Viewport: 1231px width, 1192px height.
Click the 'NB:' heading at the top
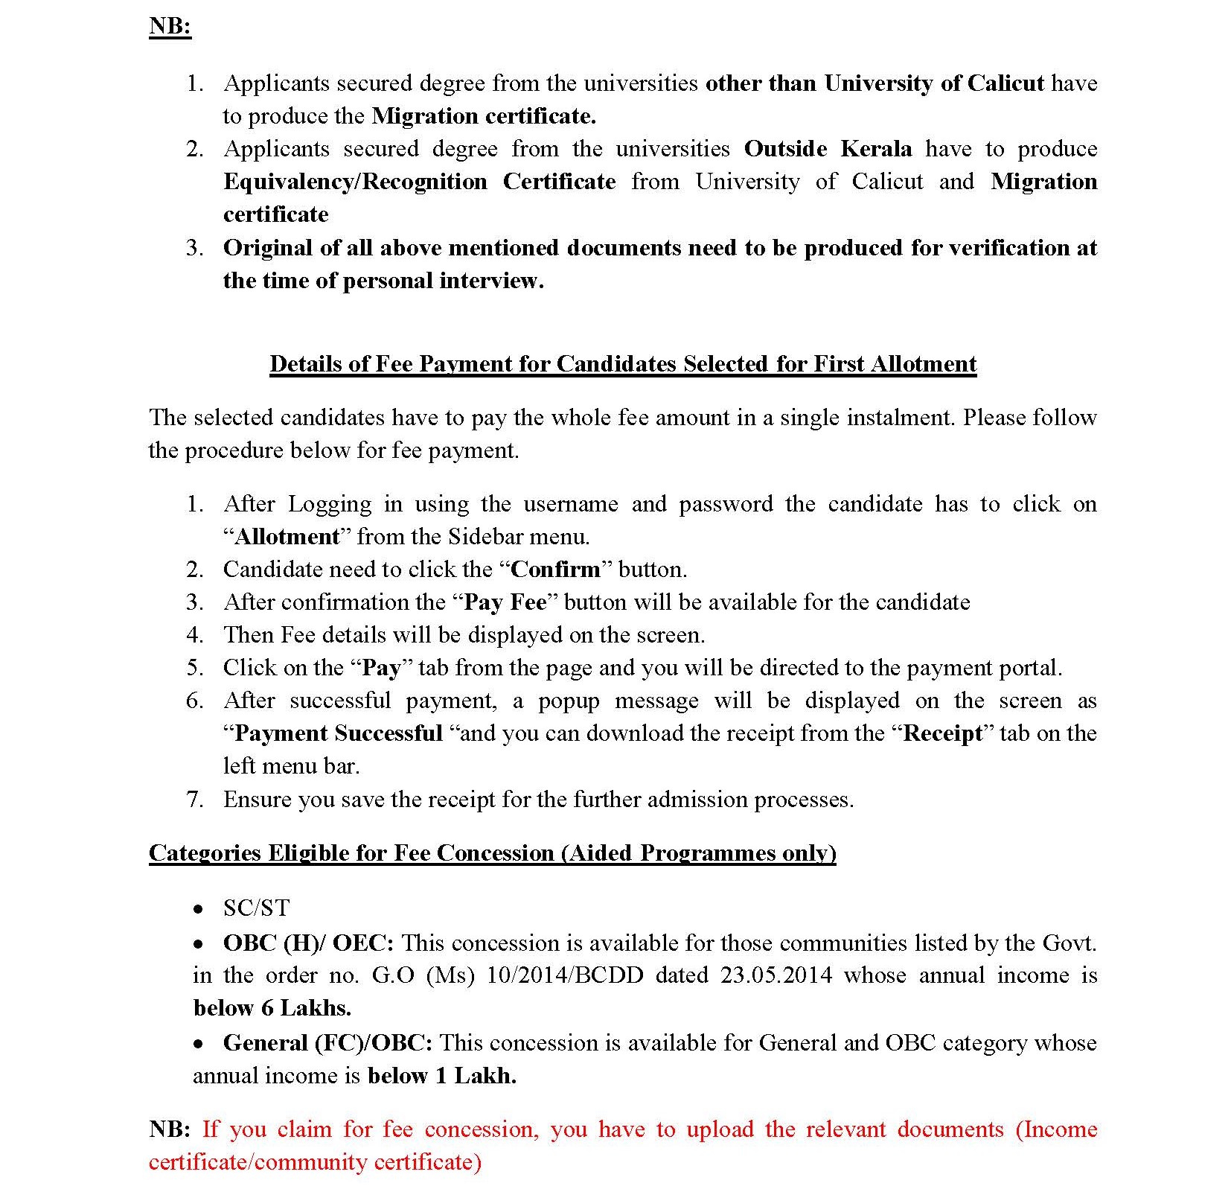170,27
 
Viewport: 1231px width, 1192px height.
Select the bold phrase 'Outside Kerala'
828,149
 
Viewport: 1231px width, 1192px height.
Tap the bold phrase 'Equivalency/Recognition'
355,182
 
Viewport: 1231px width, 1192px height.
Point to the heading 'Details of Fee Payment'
622,364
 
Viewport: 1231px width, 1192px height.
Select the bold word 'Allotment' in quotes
287,537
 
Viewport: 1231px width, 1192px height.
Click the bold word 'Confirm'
555,570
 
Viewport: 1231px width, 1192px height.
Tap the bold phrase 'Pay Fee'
505,602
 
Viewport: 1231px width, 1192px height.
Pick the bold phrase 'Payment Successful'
338,733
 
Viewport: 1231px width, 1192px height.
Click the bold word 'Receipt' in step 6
943,733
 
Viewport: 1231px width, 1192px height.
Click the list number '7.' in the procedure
194,800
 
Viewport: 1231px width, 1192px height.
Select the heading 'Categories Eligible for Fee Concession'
492,853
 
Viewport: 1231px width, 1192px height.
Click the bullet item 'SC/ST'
256,908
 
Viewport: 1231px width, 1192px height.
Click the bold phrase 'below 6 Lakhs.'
272,1008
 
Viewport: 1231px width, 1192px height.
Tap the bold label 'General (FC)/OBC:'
327,1043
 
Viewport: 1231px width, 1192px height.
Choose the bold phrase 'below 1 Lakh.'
441,1076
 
